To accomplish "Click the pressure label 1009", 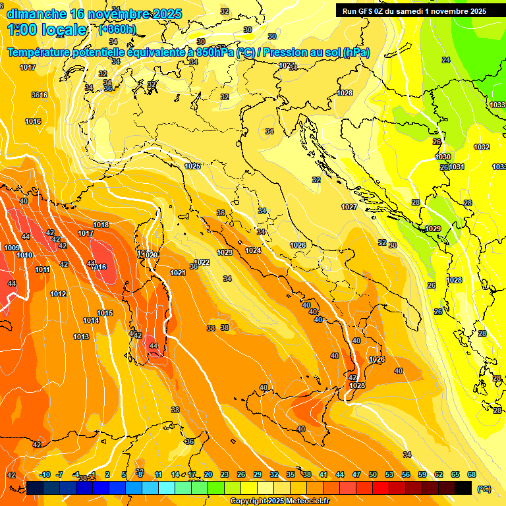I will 11,248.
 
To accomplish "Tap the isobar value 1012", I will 58,294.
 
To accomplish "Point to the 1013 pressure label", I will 81,337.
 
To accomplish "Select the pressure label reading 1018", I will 101,225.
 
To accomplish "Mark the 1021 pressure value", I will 177,273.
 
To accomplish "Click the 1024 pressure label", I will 253,250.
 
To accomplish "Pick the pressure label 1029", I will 432,229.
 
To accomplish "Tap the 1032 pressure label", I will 482,147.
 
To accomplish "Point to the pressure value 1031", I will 457,167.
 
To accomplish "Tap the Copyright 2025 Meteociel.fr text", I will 279,501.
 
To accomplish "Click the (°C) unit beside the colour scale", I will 484,488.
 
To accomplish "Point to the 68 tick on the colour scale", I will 472,474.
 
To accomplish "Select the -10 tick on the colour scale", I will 45,474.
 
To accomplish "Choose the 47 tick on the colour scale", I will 356,474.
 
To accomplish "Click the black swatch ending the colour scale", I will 463,488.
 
